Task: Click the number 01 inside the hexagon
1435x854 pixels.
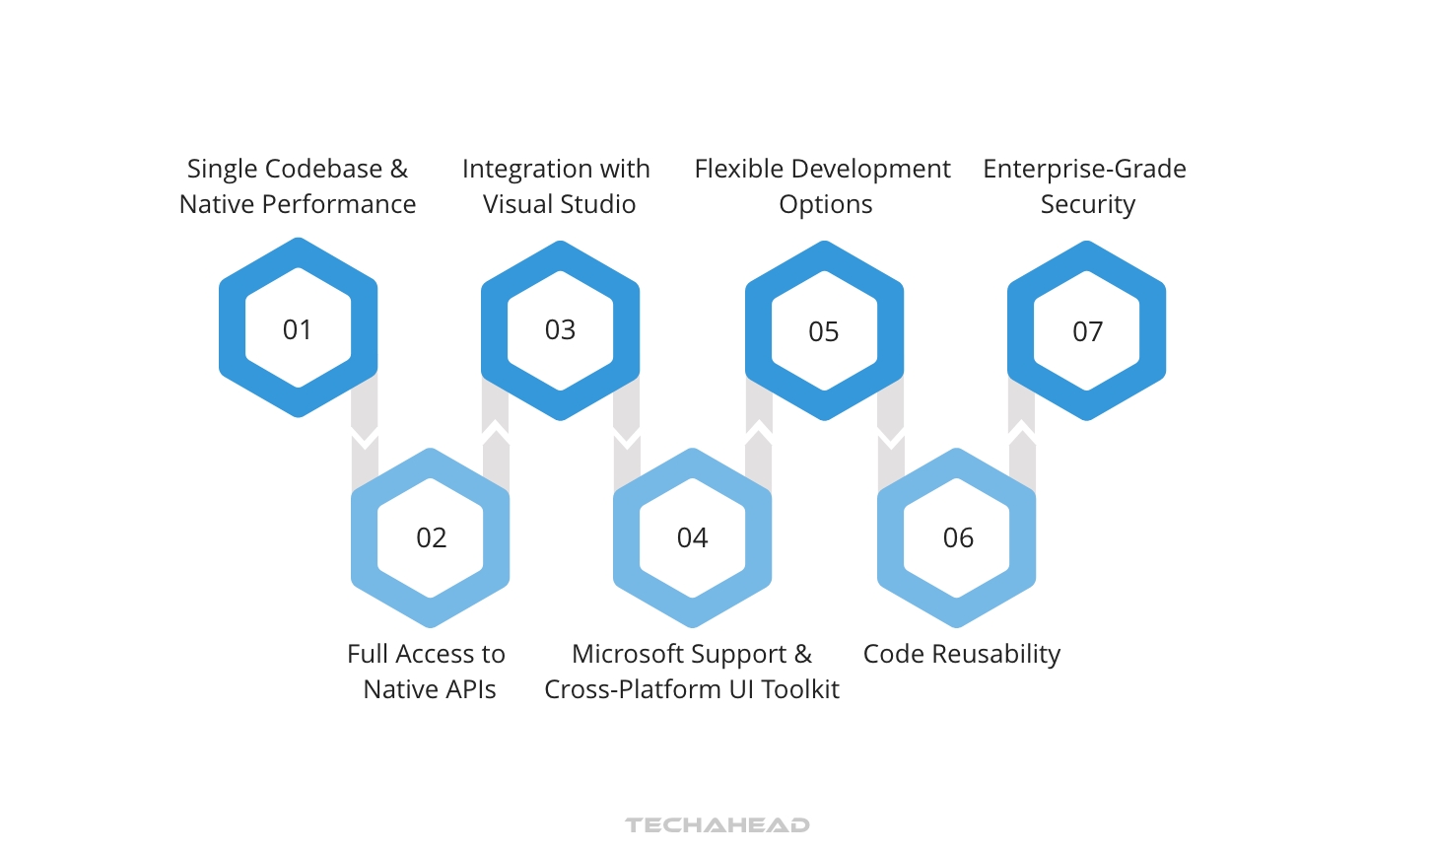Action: tap(298, 329)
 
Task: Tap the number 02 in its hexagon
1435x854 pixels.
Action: tap(432, 537)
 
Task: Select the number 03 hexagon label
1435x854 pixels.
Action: tap(560, 329)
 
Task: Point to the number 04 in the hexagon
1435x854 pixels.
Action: tap(692, 537)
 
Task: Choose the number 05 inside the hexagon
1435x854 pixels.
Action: tap(824, 331)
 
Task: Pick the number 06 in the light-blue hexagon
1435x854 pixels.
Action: tap(958, 537)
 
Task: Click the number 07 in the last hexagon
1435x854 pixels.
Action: tap(1087, 331)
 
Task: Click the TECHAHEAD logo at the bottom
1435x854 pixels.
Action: tap(717, 824)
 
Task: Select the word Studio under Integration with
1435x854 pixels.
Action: tap(597, 204)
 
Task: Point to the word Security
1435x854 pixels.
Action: tap(1088, 204)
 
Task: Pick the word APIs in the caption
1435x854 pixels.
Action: tap(470, 689)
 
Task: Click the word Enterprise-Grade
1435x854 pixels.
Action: tap(1084, 169)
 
